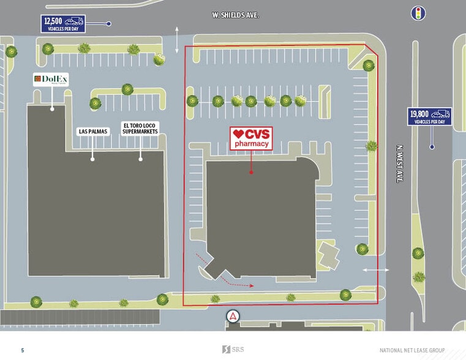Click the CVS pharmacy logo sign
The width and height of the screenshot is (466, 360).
click(x=251, y=138)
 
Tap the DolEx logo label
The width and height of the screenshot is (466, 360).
click(x=51, y=80)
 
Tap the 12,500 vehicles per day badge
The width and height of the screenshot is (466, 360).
click(x=64, y=24)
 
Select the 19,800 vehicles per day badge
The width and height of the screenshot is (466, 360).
click(x=430, y=116)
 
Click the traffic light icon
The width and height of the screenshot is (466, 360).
click(x=418, y=13)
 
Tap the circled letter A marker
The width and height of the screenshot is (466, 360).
click(x=233, y=317)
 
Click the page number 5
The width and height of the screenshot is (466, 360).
click(x=23, y=350)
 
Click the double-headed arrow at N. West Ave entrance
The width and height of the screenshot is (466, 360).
click(x=375, y=269)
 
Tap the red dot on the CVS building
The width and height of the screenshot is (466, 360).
click(x=251, y=173)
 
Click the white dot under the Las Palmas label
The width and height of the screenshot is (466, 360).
click(x=93, y=159)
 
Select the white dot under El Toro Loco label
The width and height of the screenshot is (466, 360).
click(x=140, y=159)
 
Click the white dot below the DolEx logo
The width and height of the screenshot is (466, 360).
click(x=52, y=109)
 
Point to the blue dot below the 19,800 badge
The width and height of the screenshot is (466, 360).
click(x=432, y=147)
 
